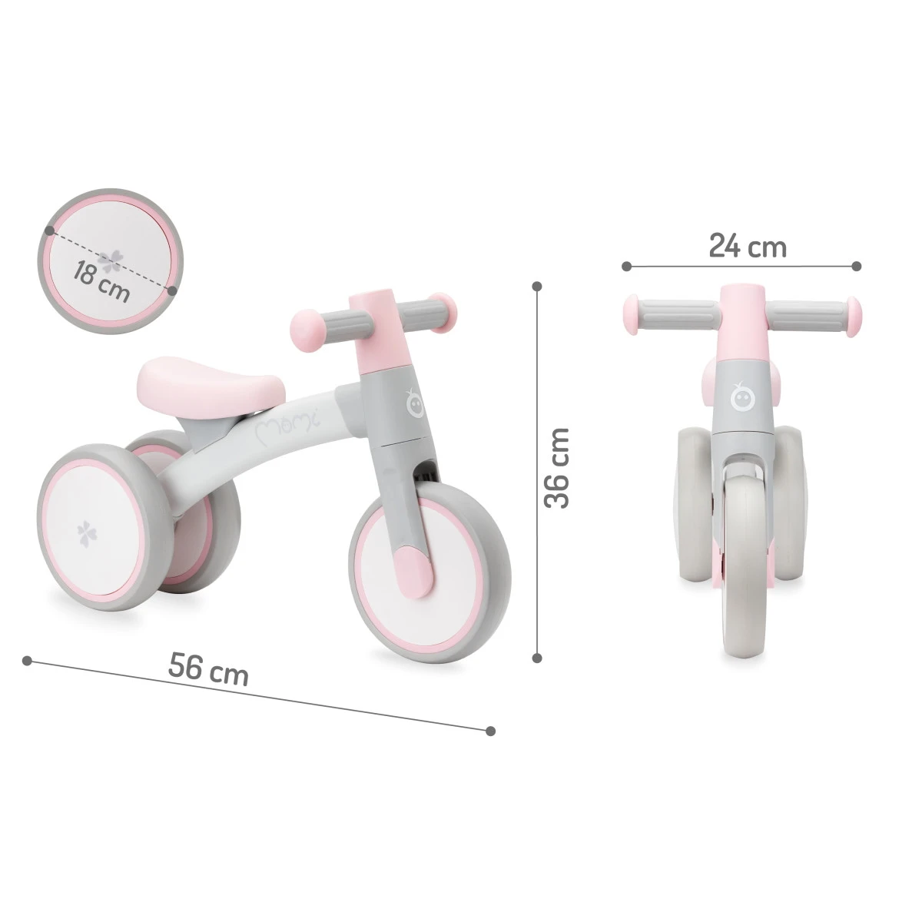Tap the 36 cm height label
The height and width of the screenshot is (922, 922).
[x=558, y=468]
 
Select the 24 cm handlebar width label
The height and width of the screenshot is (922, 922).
[x=747, y=247]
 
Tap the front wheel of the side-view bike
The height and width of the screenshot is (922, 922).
[x=430, y=552]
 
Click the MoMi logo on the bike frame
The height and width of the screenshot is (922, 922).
[x=288, y=422]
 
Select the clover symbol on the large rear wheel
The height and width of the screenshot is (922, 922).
[x=85, y=532]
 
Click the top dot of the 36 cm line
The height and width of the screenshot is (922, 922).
[x=537, y=286]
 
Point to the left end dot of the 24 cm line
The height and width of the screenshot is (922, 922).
[x=627, y=267]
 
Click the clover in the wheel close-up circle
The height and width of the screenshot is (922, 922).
[x=112, y=261]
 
